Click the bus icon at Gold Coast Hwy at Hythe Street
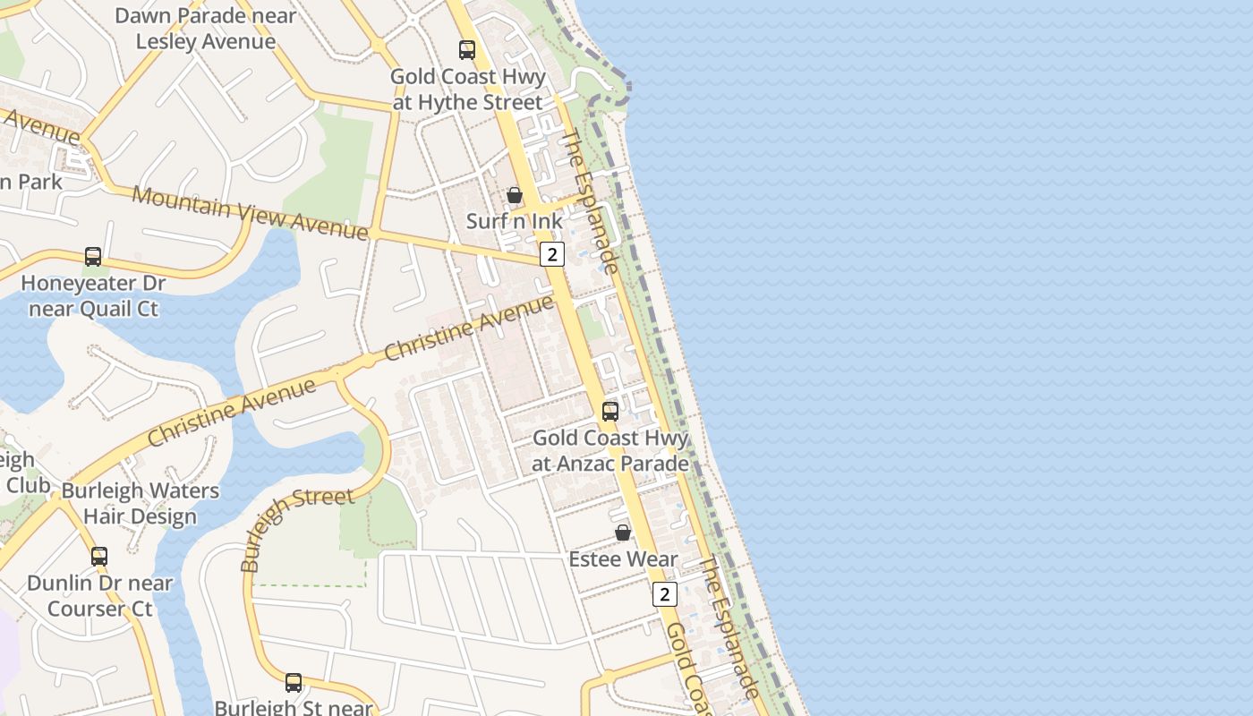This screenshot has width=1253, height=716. [x=467, y=50]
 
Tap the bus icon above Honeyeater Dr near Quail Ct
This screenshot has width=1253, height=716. [x=93, y=257]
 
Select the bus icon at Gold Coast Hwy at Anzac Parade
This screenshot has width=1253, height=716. [x=610, y=412]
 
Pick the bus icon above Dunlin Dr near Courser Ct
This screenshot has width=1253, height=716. [x=99, y=556]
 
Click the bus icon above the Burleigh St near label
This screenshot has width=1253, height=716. [x=294, y=683]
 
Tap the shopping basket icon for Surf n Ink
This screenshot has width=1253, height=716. [x=515, y=195]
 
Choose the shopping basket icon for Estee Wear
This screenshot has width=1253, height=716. [x=623, y=533]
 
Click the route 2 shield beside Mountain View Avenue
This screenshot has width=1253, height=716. [x=552, y=254]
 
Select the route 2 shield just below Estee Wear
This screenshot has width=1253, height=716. [x=664, y=593]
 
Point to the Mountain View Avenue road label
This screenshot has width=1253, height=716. [x=250, y=213]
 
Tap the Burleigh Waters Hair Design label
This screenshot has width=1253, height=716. [x=140, y=504]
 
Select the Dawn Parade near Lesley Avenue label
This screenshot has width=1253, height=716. [x=206, y=29]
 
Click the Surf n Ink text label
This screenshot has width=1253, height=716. [x=515, y=221]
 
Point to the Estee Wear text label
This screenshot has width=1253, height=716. [x=623, y=559]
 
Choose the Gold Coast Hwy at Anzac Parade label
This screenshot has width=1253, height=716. [x=610, y=451]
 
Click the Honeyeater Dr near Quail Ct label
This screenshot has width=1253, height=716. [x=93, y=296]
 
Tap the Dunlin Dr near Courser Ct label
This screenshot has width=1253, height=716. [x=99, y=596]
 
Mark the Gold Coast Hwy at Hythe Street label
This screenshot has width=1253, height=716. [x=467, y=89]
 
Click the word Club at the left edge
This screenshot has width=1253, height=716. [x=28, y=484]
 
